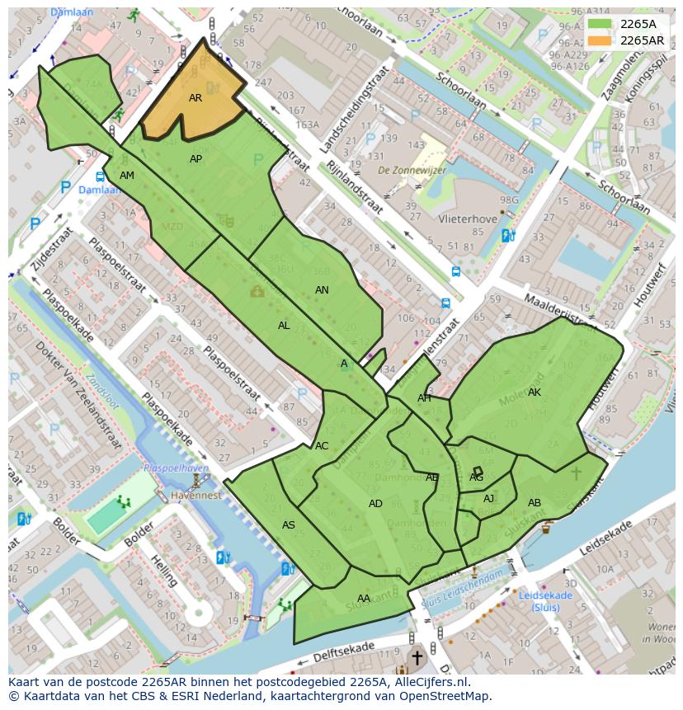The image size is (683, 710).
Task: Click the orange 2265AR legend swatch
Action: click(601, 40)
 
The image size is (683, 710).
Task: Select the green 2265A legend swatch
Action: click(601, 25)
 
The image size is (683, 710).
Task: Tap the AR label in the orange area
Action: click(195, 98)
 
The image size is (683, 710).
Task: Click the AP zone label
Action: click(195, 159)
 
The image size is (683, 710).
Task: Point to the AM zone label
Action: click(126, 176)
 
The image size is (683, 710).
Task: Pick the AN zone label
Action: click(322, 290)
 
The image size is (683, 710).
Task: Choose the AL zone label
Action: click(284, 326)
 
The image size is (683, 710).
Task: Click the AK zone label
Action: click(535, 393)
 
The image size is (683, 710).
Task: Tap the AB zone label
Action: click(535, 503)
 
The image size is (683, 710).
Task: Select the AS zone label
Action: click(289, 525)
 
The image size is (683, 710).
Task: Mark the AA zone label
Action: click(364, 599)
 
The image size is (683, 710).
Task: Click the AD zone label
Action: click(375, 504)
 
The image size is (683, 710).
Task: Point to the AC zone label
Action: click(322, 446)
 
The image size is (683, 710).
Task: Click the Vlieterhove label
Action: click(468, 219)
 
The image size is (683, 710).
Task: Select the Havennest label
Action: click(196, 496)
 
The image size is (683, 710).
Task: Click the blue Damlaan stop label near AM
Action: click(99, 190)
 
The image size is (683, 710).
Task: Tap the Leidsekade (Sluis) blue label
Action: click(545, 601)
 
